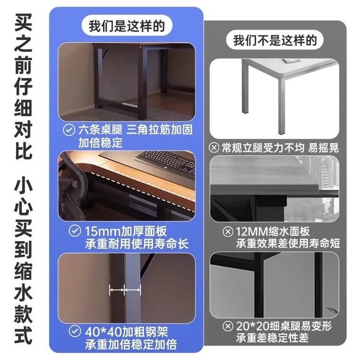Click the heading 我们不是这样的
tap(275, 40)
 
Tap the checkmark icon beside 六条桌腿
tap(69, 130)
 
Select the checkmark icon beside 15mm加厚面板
tap(74, 230)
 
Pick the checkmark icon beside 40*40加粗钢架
tap(74, 332)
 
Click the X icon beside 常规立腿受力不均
tap(214, 147)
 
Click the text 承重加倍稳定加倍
tap(131, 345)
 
